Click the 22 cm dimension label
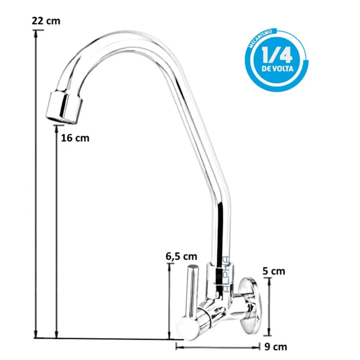coord(46,21)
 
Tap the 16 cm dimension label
coord(75,138)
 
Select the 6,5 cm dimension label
coord(181,256)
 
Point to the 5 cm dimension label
coord(274,271)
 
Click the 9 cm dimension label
coord(276,347)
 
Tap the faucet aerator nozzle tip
coord(64,107)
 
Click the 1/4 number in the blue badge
coord(277,55)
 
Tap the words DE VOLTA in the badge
coord(277,69)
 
